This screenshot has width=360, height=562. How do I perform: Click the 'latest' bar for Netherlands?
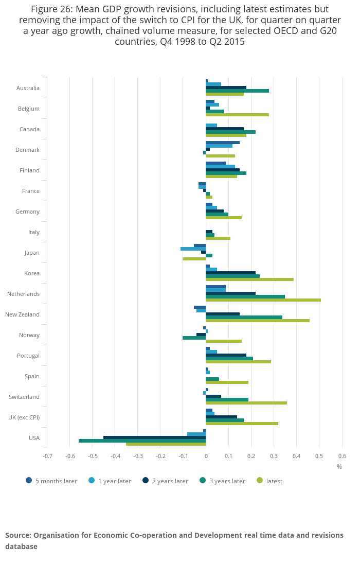(263, 300)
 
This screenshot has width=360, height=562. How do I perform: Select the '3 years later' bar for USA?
(142, 441)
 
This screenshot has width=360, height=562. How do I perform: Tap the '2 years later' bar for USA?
(154, 437)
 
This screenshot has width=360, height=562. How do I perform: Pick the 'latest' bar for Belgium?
(237, 115)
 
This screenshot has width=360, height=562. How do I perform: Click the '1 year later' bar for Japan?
(193, 249)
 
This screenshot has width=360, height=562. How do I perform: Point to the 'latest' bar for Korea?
(249, 279)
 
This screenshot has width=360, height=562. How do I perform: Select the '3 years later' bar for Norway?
(194, 338)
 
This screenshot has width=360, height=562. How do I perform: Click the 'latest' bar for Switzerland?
(246, 403)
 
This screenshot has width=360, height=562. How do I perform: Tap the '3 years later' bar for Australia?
(237, 91)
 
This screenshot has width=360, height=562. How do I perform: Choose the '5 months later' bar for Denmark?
(223, 143)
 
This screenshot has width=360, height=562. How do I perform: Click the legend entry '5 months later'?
(51, 481)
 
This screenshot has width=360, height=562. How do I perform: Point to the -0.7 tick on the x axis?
(47, 455)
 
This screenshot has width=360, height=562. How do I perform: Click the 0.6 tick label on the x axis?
(342, 455)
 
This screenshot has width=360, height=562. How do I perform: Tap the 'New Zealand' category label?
(22, 314)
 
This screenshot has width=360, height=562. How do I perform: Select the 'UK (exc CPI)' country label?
(24, 417)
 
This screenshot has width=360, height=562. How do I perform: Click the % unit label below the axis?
(339, 467)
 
